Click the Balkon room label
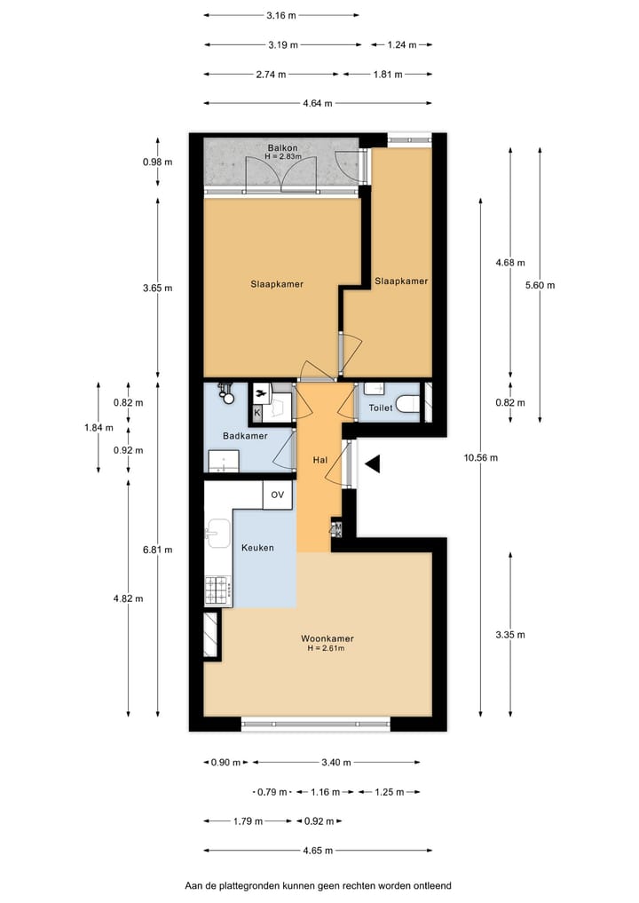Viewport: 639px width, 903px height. pyautogui.click(x=283, y=147)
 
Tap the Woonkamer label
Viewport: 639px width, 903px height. pyautogui.click(x=327, y=638)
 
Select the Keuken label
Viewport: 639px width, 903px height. pyautogui.click(x=257, y=548)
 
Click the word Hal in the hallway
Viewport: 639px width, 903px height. pyautogui.click(x=320, y=460)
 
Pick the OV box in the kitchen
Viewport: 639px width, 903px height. pyautogui.click(x=277, y=495)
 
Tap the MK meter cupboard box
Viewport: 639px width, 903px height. pyautogui.click(x=336, y=530)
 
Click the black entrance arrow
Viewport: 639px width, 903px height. pyautogui.click(x=373, y=463)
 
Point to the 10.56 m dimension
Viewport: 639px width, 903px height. pyautogui.click(x=480, y=458)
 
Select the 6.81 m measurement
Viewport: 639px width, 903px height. pyautogui.click(x=158, y=550)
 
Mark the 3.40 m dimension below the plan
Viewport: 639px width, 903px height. pyautogui.click(x=336, y=762)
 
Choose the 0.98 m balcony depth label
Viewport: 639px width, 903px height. pyautogui.click(x=158, y=162)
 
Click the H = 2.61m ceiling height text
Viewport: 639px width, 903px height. pyautogui.click(x=327, y=648)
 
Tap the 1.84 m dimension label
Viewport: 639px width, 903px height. pyautogui.click(x=99, y=427)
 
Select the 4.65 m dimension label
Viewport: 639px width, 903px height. pyautogui.click(x=318, y=851)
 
